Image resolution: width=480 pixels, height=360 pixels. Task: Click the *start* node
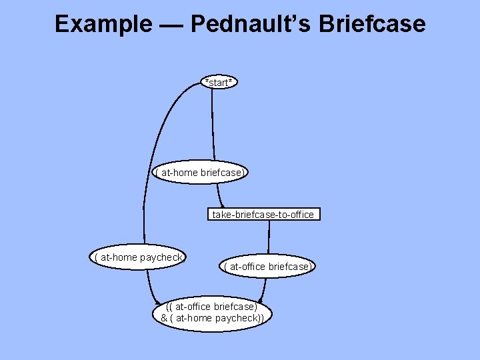click(219, 83)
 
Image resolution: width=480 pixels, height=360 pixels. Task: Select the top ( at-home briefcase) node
click(201, 173)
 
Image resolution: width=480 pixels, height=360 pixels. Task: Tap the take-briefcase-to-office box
click(263, 215)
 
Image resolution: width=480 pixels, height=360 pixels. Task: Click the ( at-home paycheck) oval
click(139, 257)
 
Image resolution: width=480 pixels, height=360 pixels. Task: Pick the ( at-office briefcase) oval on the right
click(267, 267)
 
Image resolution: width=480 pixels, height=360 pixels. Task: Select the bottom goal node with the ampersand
click(212, 313)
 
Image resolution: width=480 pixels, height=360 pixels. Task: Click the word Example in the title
click(103, 24)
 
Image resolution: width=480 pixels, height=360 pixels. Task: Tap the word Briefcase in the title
click(372, 24)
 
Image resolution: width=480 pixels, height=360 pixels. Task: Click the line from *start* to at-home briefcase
click(213, 127)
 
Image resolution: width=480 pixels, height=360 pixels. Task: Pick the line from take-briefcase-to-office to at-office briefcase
click(269, 239)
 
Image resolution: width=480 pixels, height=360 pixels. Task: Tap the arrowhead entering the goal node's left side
click(155, 299)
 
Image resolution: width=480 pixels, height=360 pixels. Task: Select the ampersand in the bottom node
click(164, 318)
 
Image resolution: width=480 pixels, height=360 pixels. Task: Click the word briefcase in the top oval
click(222, 173)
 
